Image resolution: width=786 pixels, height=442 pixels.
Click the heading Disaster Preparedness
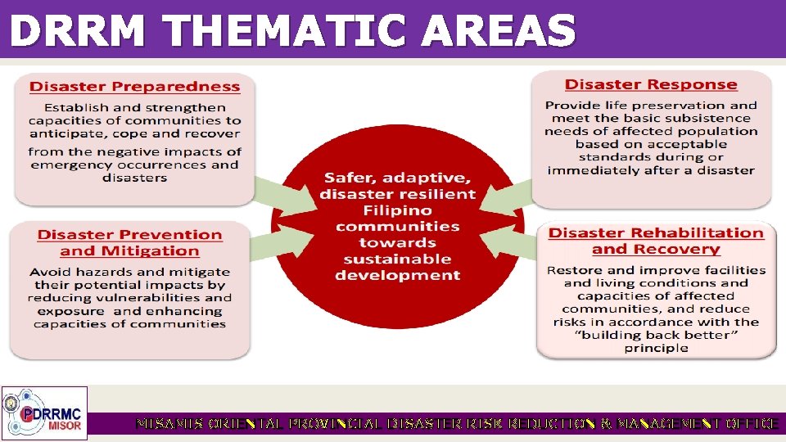pyautogui.click(x=135, y=87)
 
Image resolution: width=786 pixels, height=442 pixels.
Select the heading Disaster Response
pyautogui.click(x=651, y=85)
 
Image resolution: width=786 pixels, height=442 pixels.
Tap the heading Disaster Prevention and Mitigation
pyautogui.click(x=129, y=243)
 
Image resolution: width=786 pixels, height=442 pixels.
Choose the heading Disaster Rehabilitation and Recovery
pyautogui.click(x=655, y=241)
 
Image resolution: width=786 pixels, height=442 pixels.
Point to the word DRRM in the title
pyautogui.click(x=80, y=31)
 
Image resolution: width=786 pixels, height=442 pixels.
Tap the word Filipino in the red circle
pyautogui.click(x=397, y=210)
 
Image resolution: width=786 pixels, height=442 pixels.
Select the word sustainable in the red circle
pyautogui.click(x=397, y=259)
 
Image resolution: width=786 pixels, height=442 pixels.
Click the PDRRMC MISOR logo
pyautogui.click(x=44, y=413)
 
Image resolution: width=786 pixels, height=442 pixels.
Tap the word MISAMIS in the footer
pyautogui.click(x=169, y=424)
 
